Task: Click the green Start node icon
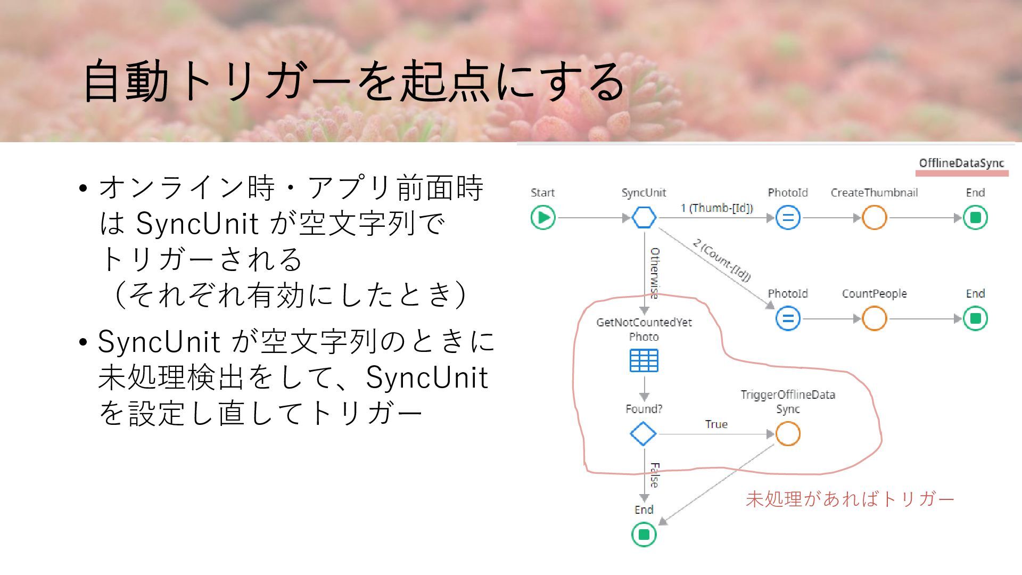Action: pyautogui.click(x=543, y=217)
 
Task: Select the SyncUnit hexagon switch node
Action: pyautogui.click(x=644, y=217)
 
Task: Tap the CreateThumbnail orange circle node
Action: pyautogui.click(x=874, y=217)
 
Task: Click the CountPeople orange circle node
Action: pyautogui.click(x=874, y=318)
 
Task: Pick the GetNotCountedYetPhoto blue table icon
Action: pyautogui.click(x=644, y=360)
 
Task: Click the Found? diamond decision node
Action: pyautogui.click(x=643, y=433)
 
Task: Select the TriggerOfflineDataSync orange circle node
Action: pyautogui.click(x=788, y=433)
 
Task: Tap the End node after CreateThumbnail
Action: pyautogui.click(x=975, y=217)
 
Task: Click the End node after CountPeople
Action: pyautogui.click(x=975, y=318)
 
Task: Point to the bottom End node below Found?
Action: pyautogui.click(x=644, y=534)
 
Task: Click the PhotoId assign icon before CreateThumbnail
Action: pyautogui.click(x=788, y=217)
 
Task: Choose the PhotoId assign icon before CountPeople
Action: pyautogui.click(x=788, y=318)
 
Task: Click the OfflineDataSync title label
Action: pyautogui.click(x=961, y=163)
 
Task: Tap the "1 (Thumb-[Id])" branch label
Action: pyautogui.click(x=716, y=208)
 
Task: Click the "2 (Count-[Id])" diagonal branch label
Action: pyautogui.click(x=722, y=259)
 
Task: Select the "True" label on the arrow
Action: pyautogui.click(x=716, y=424)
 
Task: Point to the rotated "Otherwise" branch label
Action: pyautogui.click(x=655, y=273)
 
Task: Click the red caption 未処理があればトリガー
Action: pyautogui.click(x=850, y=499)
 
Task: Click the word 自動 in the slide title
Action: pyautogui.click(x=126, y=81)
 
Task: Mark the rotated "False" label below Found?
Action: pyautogui.click(x=655, y=475)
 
